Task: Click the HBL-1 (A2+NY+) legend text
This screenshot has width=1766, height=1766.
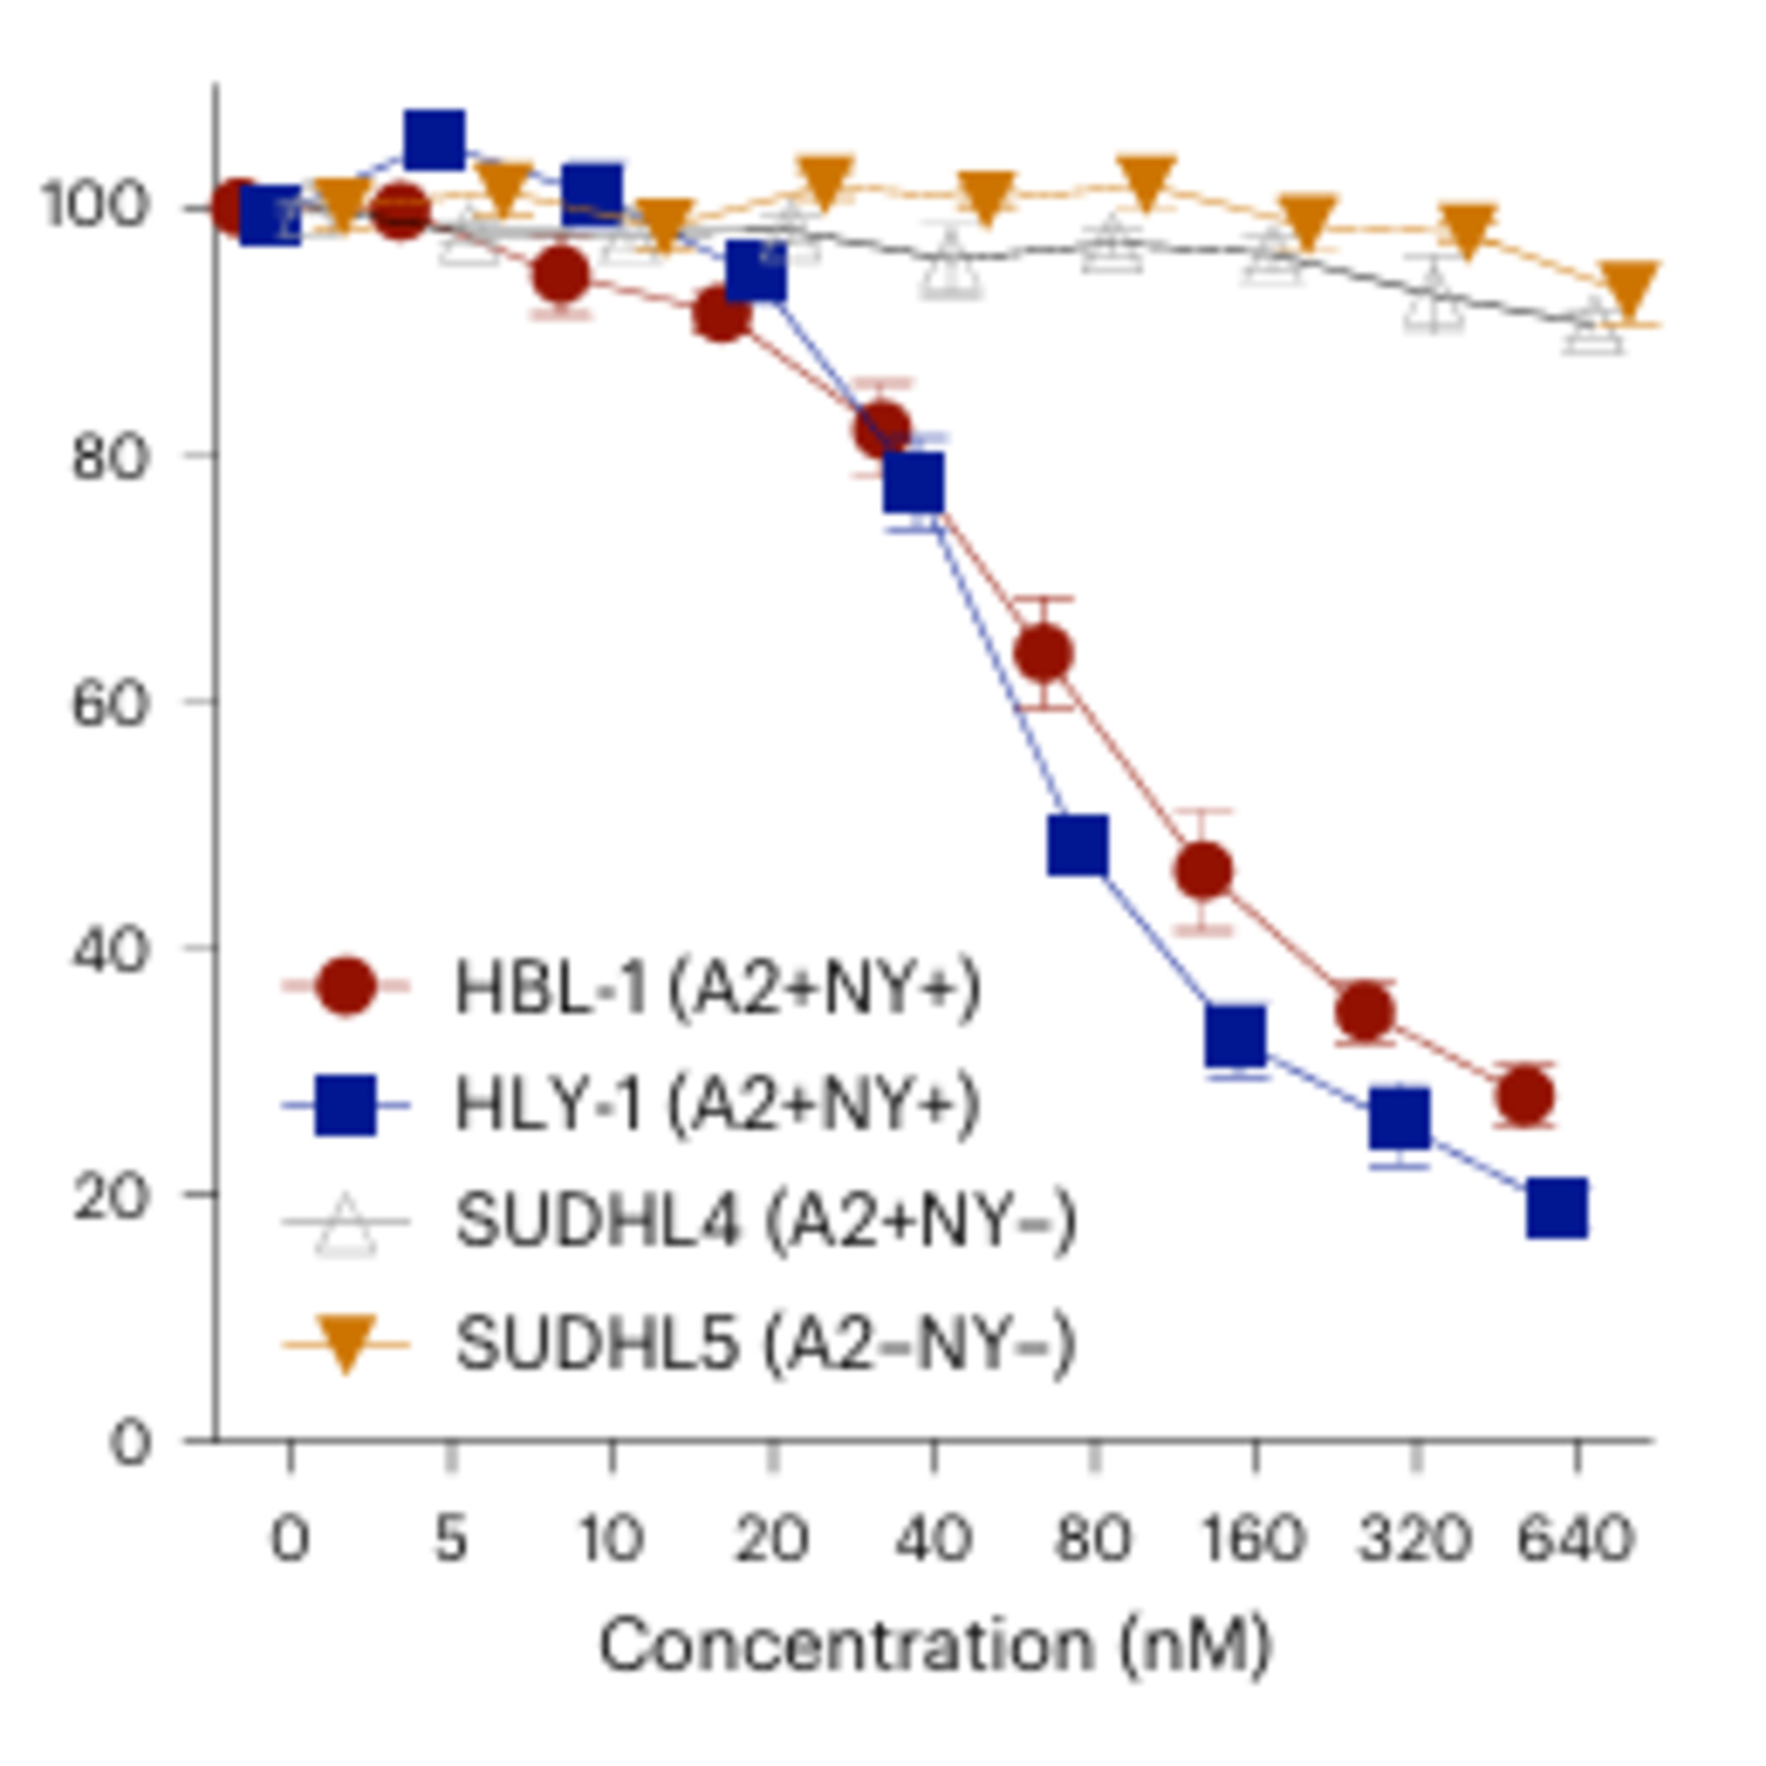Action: pyautogui.click(x=718, y=987)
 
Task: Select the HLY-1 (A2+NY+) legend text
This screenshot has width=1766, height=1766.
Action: pyautogui.click(x=718, y=1104)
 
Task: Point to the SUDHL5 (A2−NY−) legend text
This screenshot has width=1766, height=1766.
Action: pyautogui.click(x=766, y=1344)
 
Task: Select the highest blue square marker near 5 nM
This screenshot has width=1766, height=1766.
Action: pyautogui.click(x=433, y=140)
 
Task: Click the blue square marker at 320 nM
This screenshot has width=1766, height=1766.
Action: pyautogui.click(x=1399, y=1119)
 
